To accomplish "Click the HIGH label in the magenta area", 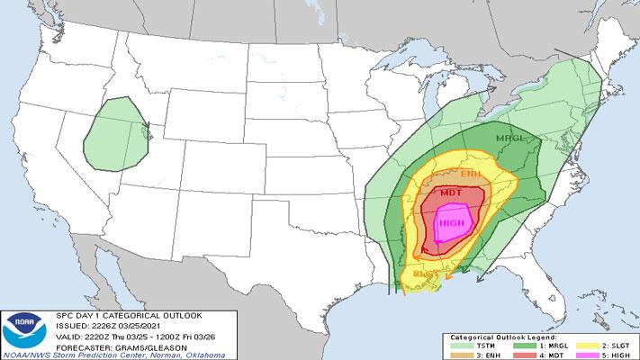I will (x=451, y=221).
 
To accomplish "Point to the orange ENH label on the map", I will (x=471, y=173).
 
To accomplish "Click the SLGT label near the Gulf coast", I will (x=425, y=273).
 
